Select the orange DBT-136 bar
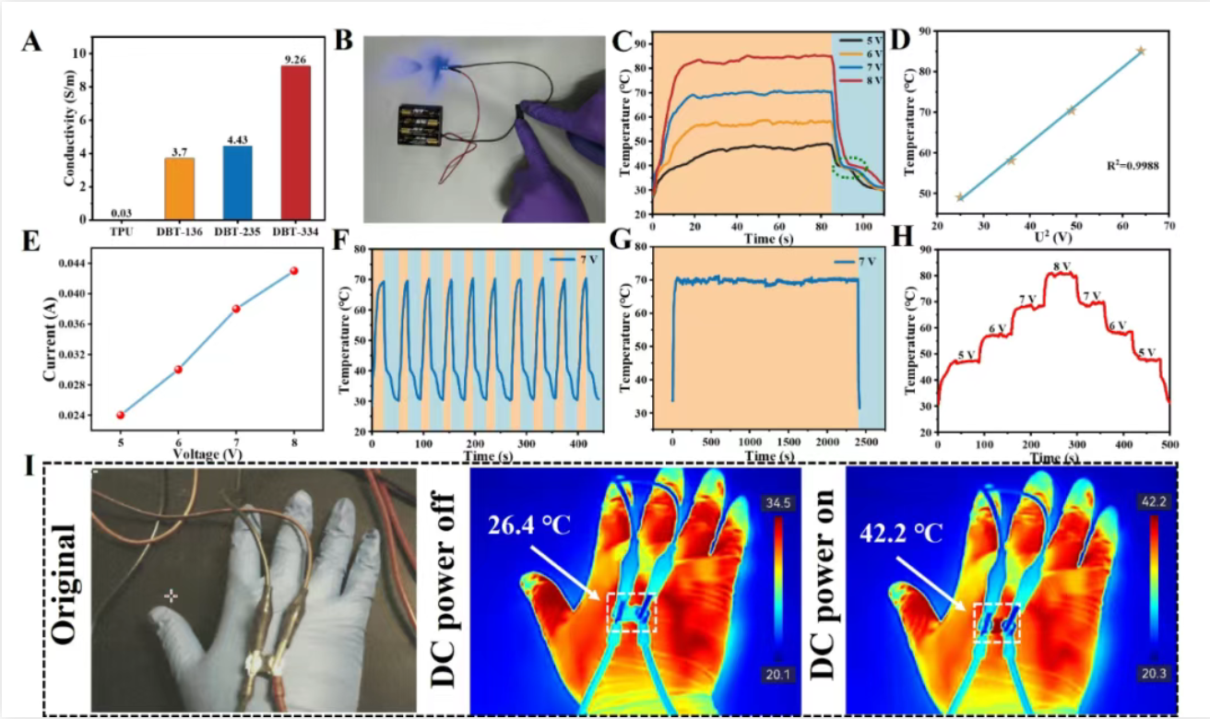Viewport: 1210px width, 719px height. coord(179,188)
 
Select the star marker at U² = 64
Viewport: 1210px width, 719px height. coord(1141,51)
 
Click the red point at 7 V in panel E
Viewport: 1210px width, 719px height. coord(236,308)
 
